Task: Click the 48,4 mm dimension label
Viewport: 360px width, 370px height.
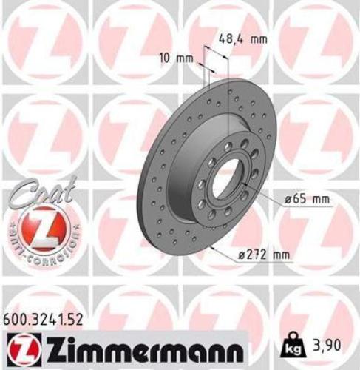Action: [242, 41]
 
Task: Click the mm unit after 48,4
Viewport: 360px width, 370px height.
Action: [257, 41]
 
